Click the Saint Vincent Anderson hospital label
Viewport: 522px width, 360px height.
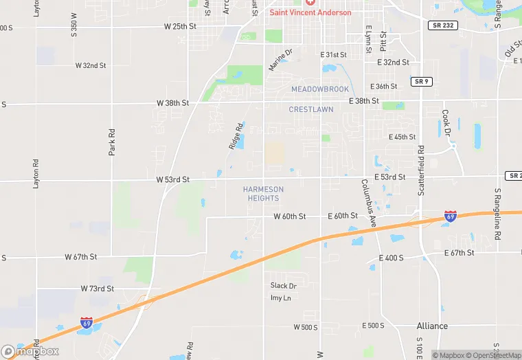click(310, 12)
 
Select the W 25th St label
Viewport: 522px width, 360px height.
click(181, 26)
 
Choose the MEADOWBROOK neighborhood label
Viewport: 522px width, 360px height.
click(319, 89)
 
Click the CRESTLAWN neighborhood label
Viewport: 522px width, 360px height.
click(311, 109)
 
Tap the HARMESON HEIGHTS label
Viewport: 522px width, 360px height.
click(263, 194)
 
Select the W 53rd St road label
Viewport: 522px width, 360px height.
click(172, 179)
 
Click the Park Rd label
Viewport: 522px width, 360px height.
click(111, 141)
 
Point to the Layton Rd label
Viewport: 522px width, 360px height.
click(36, 175)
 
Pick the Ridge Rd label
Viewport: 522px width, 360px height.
click(236, 136)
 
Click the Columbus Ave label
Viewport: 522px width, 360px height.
click(369, 203)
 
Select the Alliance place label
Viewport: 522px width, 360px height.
click(432, 326)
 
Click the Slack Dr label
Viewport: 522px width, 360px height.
click(283, 286)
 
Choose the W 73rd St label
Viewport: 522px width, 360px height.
click(98, 289)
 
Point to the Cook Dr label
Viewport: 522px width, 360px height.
click(446, 122)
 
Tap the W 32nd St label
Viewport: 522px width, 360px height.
click(91, 66)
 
